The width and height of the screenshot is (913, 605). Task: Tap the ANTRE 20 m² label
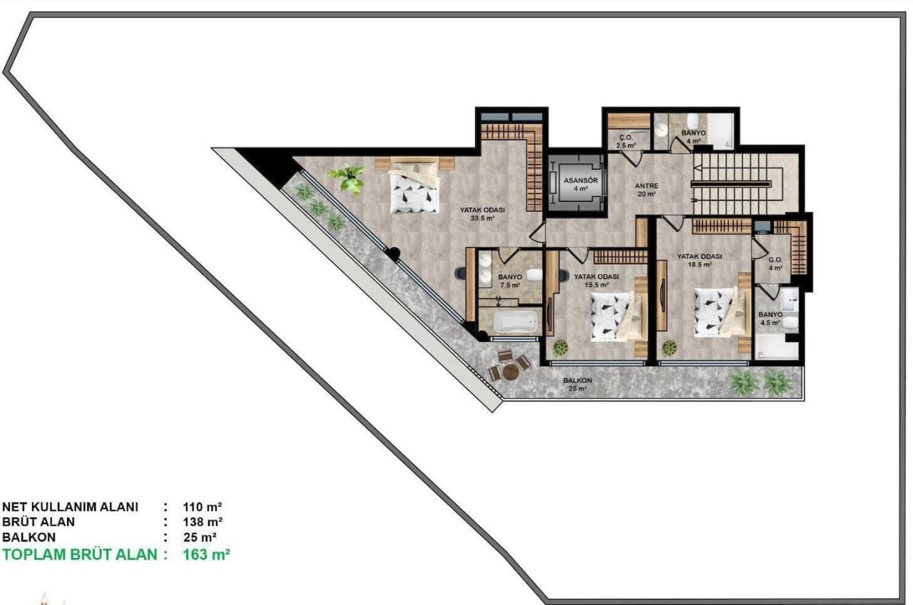pyautogui.click(x=646, y=189)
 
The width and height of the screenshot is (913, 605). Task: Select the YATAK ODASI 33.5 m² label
pyautogui.click(x=483, y=214)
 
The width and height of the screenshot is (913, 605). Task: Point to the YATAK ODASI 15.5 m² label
pyautogui.click(x=596, y=280)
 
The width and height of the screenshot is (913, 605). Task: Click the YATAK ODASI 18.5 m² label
pyautogui.click(x=700, y=259)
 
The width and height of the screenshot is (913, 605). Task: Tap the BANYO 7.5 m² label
pyautogui.click(x=510, y=281)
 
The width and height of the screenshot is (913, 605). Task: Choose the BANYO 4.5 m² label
pyautogui.click(x=770, y=318)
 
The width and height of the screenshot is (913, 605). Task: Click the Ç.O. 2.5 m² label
pyautogui.click(x=626, y=141)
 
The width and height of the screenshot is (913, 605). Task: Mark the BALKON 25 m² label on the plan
pyautogui.click(x=577, y=384)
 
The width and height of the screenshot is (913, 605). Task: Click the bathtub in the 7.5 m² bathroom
pyautogui.click(x=516, y=321)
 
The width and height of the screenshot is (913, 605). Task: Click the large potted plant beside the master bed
pyautogui.click(x=349, y=178)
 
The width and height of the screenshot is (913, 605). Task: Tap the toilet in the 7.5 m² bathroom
pyautogui.click(x=535, y=274)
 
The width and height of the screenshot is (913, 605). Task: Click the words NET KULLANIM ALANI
pyautogui.click(x=70, y=507)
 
